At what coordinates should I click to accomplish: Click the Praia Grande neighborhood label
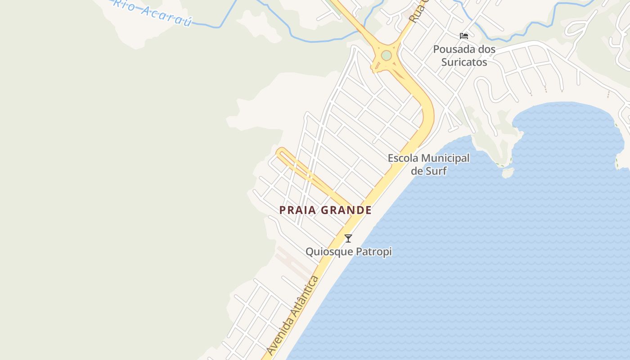(325, 210)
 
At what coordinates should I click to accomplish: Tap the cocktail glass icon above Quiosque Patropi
(348, 238)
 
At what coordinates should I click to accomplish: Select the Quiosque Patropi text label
(349, 252)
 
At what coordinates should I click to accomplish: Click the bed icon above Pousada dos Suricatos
(464, 36)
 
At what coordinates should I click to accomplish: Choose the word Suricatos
(464, 62)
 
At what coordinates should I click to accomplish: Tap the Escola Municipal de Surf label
(428, 164)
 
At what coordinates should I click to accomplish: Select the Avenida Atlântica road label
(293, 315)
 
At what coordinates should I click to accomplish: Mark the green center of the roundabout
(386, 55)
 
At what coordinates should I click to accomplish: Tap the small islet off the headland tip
(508, 173)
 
